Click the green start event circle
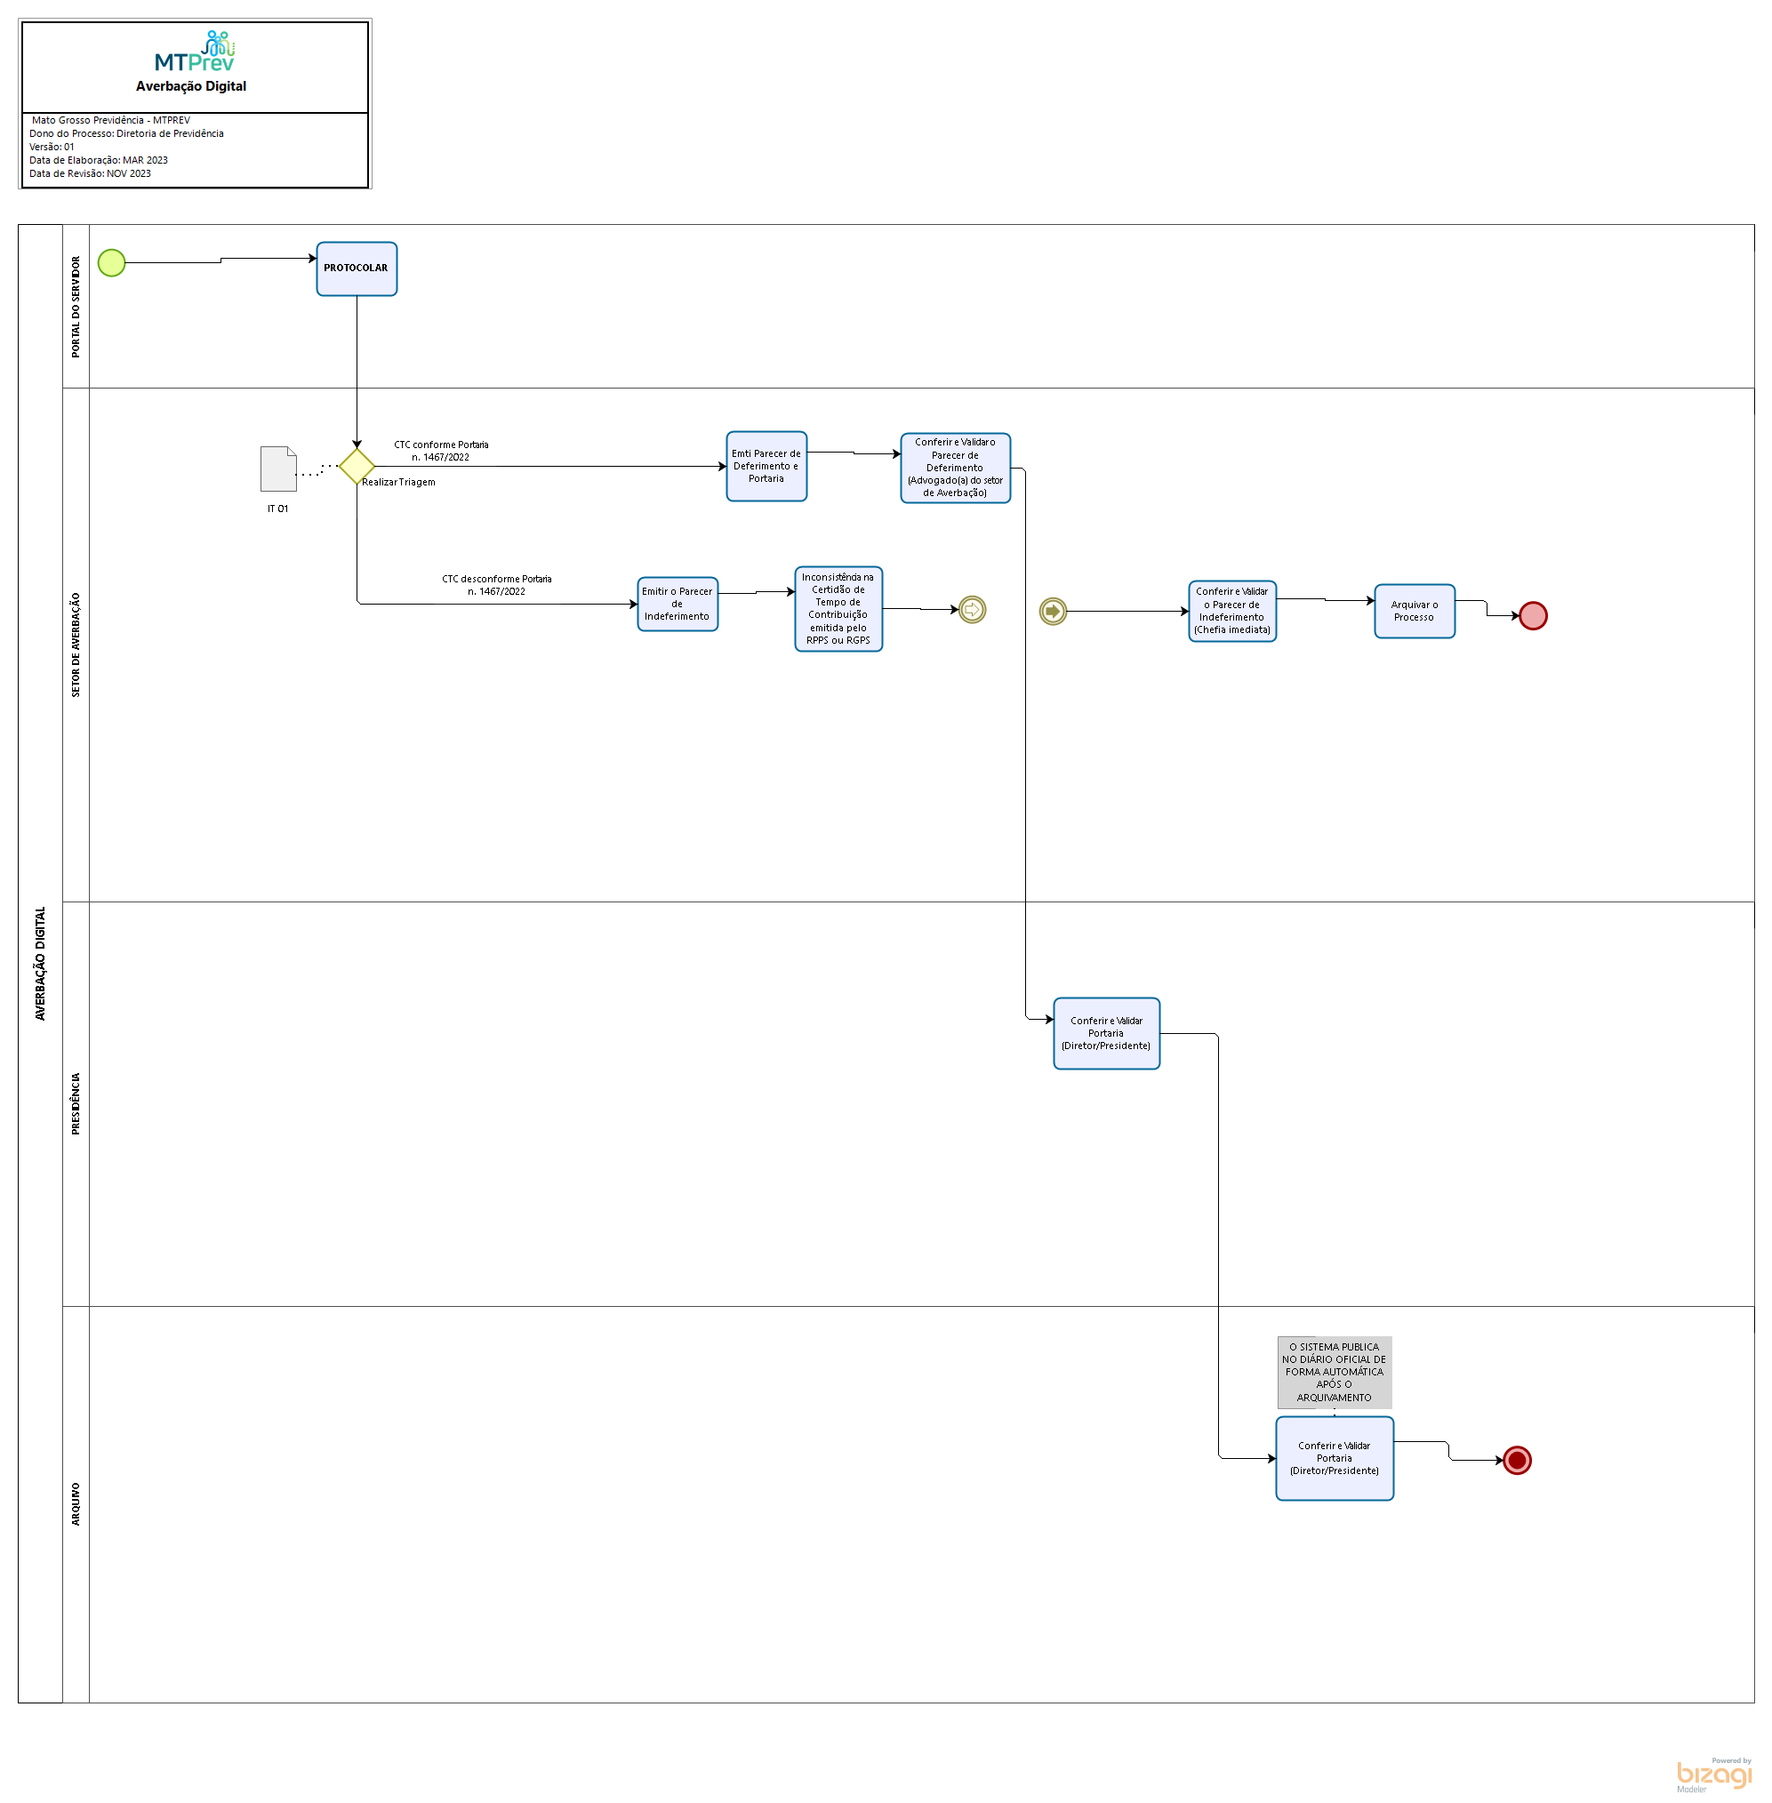click(x=112, y=262)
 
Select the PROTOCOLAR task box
click(x=357, y=269)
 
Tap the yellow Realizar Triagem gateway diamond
click(x=357, y=467)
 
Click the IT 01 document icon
click(x=278, y=469)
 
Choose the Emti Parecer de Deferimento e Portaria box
click(x=766, y=467)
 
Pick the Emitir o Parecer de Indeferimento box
click(x=678, y=604)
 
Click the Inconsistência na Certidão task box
click(x=838, y=609)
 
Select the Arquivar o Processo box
click(x=1414, y=612)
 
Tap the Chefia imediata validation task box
click(x=1232, y=612)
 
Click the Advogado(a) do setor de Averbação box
click(x=955, y=469)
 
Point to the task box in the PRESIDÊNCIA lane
click(x=1107, y=1033)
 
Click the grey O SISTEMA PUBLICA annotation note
click(x=1334, y=1372)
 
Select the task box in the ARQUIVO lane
click(x=1334, y=1459)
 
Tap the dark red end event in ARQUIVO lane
click(x=1517, y=1461)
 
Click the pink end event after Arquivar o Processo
click(x=1533, y=616)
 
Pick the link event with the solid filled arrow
click(x=1053, y=612)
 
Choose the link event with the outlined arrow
click(x=972, y=610)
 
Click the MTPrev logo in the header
click(x=196, y=53)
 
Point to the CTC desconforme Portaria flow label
click(x=496, y=586)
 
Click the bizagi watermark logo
click(x=1713, y=1776)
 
